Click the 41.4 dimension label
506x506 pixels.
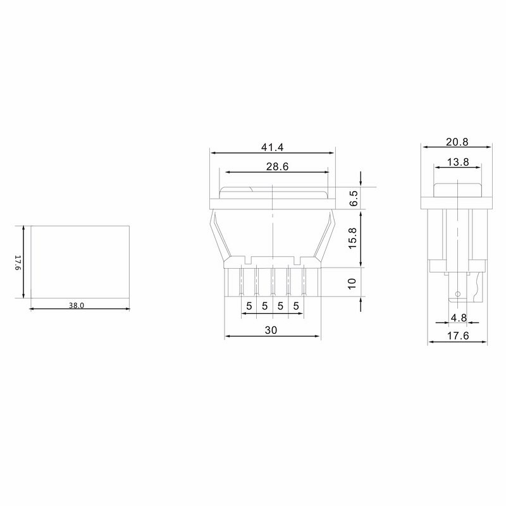[x=272, y=147]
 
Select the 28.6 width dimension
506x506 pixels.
[x=277, y=166]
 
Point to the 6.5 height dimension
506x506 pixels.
[x=354, y=198]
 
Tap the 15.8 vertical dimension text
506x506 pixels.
[x=352, y=238]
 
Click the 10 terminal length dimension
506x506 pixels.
[x=352, y=283]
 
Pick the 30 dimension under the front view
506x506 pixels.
[x=271, y=330]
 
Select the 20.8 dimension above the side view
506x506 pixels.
[x=457, y=142]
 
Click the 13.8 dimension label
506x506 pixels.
[x=458, y=162]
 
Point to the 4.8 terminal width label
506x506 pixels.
[x=459, y=318]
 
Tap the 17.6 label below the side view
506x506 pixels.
[x=457, y=336]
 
